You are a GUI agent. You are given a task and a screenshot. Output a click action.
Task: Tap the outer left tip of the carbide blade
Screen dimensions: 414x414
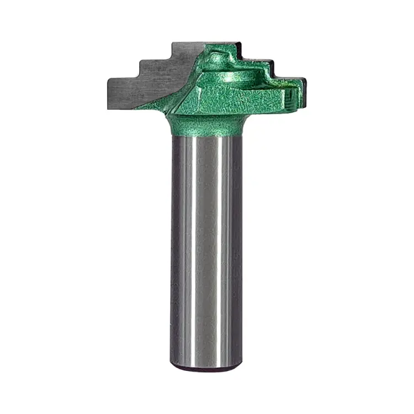(107, 93)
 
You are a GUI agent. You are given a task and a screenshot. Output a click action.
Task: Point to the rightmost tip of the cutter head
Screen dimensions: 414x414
(305, 91)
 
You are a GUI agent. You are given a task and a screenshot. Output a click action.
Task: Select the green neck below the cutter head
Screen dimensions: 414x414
(206, 124)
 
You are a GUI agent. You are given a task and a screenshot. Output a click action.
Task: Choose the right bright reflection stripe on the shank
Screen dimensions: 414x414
(224, 248)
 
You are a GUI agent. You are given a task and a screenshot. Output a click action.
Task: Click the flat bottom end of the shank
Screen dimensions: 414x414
(206, 367)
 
